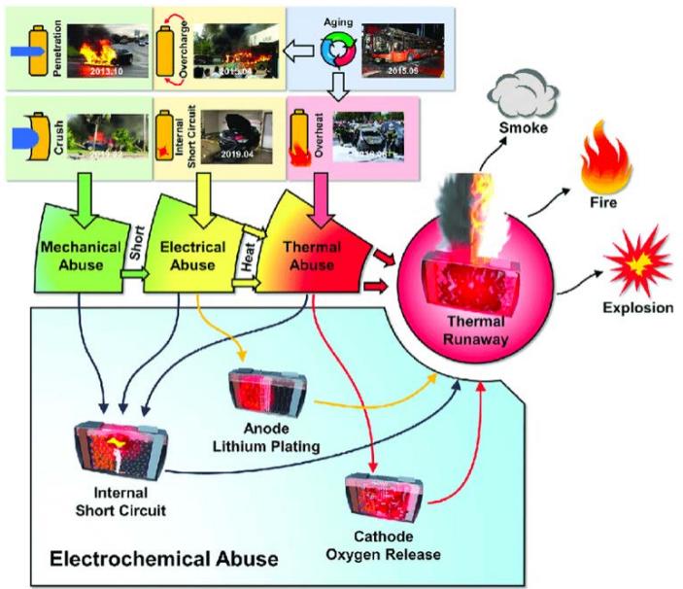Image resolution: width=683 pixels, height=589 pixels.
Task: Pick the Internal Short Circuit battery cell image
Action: pyautogui.click(x=120, y=450)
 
